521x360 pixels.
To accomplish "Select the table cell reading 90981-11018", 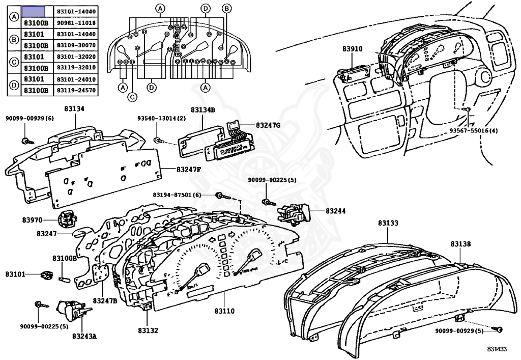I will click(76, 23).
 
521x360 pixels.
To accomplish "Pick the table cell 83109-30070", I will click(76, 46).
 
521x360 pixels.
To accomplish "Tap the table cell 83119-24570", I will click(76, 91).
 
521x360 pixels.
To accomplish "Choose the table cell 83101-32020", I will click(76, 57).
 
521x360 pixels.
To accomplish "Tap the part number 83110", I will click(224, 311).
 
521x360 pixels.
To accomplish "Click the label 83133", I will click(388, 223).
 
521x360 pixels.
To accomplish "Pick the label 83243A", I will click(84, 336).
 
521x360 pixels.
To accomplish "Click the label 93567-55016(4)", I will click(474, 130).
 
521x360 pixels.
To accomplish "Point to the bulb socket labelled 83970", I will click(66, 219).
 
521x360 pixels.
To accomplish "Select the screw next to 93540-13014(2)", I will click(159, 139).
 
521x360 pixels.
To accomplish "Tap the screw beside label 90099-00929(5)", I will click(499, 329).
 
